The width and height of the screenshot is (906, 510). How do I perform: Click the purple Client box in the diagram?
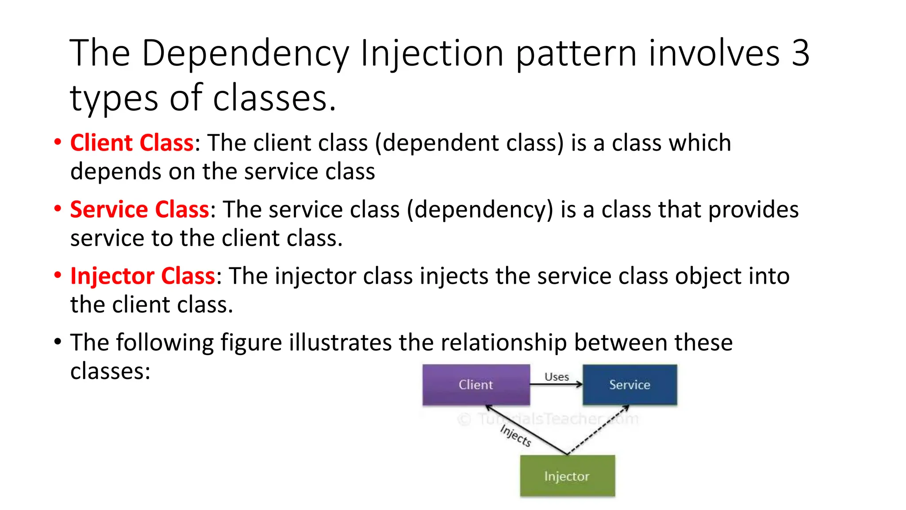coord(476,384)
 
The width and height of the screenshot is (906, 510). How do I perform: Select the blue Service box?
coord(630,384)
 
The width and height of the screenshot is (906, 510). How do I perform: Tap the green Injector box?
coord(567,476)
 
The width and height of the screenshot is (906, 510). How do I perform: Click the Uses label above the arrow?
coord(557,377)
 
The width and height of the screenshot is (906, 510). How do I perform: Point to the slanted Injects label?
coord(515,435)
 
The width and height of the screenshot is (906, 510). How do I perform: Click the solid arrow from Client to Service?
coord(557,385)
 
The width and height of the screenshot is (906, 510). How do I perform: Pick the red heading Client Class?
coord(132,143)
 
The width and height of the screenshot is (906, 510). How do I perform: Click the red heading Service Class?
coord(139,209)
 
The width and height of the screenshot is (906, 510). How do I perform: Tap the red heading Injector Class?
coord(142,276)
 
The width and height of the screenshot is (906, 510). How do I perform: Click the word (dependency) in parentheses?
coord(480,210)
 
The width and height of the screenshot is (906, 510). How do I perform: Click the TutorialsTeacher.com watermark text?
coord(549,419)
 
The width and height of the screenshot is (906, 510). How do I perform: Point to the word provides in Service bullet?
coord(753,210)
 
